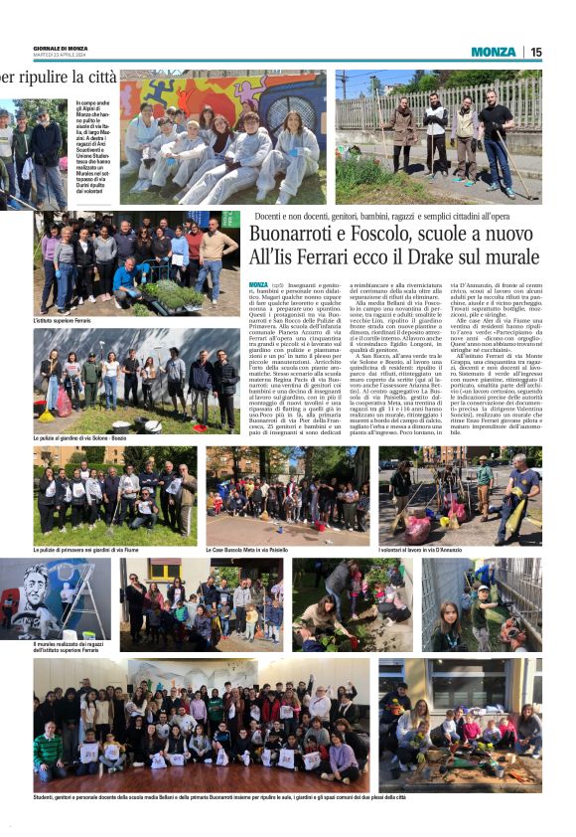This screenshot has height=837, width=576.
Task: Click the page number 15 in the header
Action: pyautogui.click(x=535, y=52)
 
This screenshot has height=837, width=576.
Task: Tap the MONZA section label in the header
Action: pyautogui.click(x=494, y=52)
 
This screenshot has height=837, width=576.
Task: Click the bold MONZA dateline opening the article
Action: pyautogui.click(x=258, y=284)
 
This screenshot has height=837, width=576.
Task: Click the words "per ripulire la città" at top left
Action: pyautogui.click(x=60, y=78)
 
